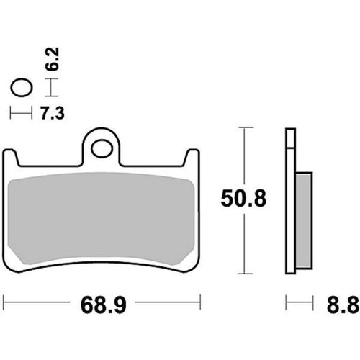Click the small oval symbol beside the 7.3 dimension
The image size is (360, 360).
22,89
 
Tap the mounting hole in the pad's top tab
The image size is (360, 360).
103,150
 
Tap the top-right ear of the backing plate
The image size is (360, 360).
192,159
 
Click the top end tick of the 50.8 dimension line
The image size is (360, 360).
246,127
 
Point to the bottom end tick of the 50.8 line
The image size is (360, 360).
246,274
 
